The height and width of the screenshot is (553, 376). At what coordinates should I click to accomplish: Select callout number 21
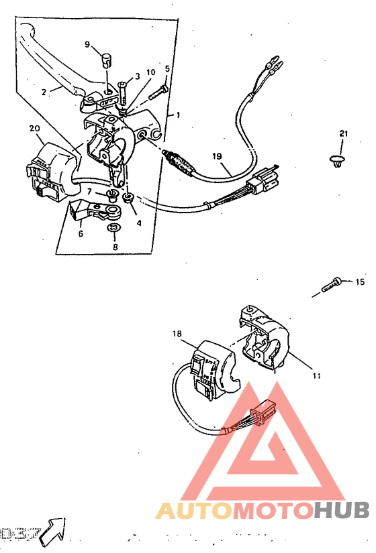tap(343, 134)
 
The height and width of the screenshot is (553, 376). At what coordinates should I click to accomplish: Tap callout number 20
tap(33, 127)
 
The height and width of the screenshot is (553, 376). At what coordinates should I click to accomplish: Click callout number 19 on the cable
tap(217, 156)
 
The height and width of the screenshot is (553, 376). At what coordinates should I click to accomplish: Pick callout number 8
tap(114, 247)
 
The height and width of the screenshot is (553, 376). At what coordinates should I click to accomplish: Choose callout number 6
tap(81, 234)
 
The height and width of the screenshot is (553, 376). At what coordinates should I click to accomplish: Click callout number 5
tap(167, 68)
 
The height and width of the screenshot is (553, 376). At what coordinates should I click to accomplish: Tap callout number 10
tap(150, 72)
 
